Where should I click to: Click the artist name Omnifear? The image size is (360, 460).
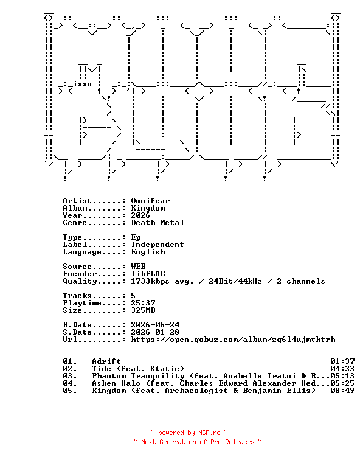pos(150,201)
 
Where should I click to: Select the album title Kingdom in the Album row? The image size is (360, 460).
pos(148,208)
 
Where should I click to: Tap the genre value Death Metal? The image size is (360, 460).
pos(157,223)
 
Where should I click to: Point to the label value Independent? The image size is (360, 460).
pos(157,245)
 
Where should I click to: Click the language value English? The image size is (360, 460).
pos(148,252)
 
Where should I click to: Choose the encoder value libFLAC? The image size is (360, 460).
pos(148,274)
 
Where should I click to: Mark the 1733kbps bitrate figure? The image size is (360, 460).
pos(150,281)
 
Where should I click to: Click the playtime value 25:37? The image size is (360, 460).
pos(143,303)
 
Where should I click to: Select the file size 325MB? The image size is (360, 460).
pos(143,310)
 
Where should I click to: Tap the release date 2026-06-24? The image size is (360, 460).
pos(155,325)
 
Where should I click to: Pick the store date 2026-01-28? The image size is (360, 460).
pos(155,332)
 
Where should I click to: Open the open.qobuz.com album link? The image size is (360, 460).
pos(233,340)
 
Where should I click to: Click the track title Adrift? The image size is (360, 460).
pos(106,361)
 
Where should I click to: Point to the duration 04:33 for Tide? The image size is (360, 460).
pos(342,369)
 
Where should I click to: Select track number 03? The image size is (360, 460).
pos(70,376)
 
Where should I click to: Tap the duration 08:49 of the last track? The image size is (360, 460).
pos(342,391)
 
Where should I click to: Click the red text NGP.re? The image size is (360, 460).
pos(209,433)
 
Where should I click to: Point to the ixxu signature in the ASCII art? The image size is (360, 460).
pos(82,85)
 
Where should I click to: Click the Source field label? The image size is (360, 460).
pos(77,267)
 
